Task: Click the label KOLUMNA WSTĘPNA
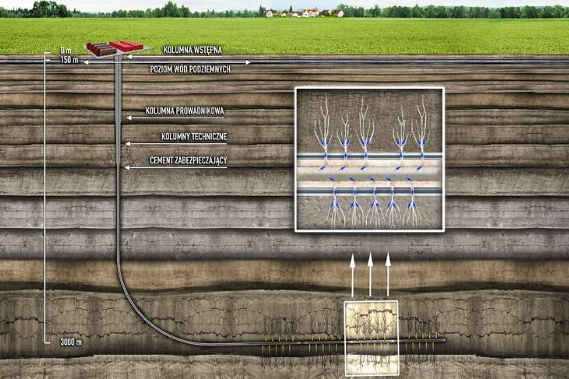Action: [x=192, y=50]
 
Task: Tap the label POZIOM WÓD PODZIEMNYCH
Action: [x=190, y=69]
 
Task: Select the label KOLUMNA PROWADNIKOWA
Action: [x=185, y=111]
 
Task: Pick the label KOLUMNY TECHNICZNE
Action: [x=194, y=137]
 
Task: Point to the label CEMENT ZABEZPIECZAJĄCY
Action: [x=188, y=160]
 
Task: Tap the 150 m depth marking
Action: [x=69, y=60]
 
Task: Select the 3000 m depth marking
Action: [x=71, y=342]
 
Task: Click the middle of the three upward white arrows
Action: [x=370, y=274]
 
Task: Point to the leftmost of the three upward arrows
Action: [x=352, y=275]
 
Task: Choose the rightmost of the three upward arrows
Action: [x=388, y=274]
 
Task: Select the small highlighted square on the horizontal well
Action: [x=371, y=338]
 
